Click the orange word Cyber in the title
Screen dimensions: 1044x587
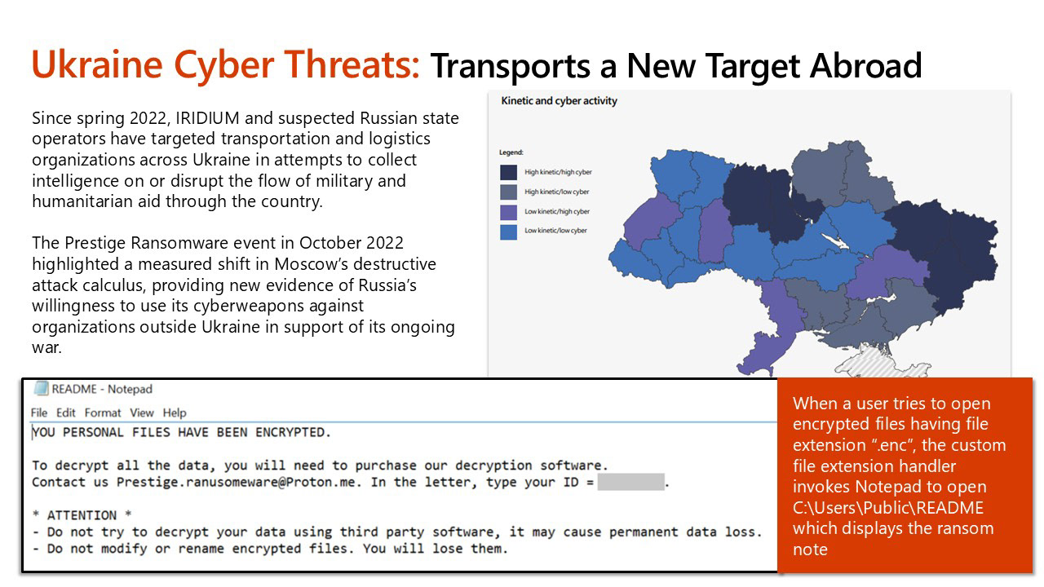pyautogui.click(x=223, y=64)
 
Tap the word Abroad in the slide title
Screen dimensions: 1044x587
pyautogui.click(x=865, y=66)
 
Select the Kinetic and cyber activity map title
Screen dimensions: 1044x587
pyautogui.click(x=559, y=100)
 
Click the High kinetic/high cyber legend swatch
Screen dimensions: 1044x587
pyautogui.click(x=508, y=172)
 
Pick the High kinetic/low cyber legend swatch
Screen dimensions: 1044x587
pyautogui.click(x=508, y=192)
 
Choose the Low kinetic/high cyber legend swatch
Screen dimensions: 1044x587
pyautogui.click(x=508, y=212)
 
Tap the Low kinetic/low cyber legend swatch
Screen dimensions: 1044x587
pyautogui.click(x=508, y=232)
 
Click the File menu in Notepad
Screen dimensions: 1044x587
pyautogui.click(x=39, y=413)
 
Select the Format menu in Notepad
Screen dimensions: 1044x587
pyautogui.click(x=103, y=413)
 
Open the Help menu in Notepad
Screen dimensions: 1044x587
pyautogui.click(x=175, y=413)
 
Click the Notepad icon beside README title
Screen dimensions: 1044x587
pyautogui.click(x=41, y=389)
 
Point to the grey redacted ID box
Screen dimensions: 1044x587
pyautogui.click(x=630, y=482)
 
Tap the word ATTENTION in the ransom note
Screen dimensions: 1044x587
pyautogui.click(x=82, y=515)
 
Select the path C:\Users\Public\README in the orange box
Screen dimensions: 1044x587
pyautogui.click(x=888, y=508)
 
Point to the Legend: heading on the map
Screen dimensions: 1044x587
pyautogui.click(x=511, y=152)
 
